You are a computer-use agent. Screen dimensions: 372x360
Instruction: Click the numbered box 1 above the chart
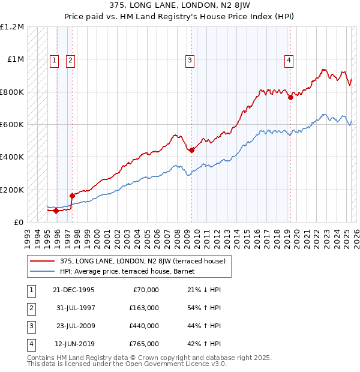pos(54,59)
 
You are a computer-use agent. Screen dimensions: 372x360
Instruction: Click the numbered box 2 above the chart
pos(70,59)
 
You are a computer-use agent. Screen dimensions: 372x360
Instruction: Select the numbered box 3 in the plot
pos(190,59)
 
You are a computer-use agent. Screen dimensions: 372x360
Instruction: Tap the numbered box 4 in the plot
pos(289,59)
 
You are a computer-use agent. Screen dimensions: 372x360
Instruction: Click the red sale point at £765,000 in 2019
pos(290,97)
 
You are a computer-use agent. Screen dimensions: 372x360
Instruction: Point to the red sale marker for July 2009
pos(191,151)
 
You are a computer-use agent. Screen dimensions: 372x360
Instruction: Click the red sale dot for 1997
pos(72,195)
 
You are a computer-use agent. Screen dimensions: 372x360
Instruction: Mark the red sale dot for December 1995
pos(56,211)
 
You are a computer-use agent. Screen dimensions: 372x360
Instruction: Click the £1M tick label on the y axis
pos(16,59)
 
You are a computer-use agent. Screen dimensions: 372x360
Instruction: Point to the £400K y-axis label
pos(13,157)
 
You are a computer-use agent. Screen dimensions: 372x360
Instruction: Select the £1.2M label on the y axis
pos(13,27)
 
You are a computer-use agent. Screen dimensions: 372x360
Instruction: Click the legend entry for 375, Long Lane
pos(142,261)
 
